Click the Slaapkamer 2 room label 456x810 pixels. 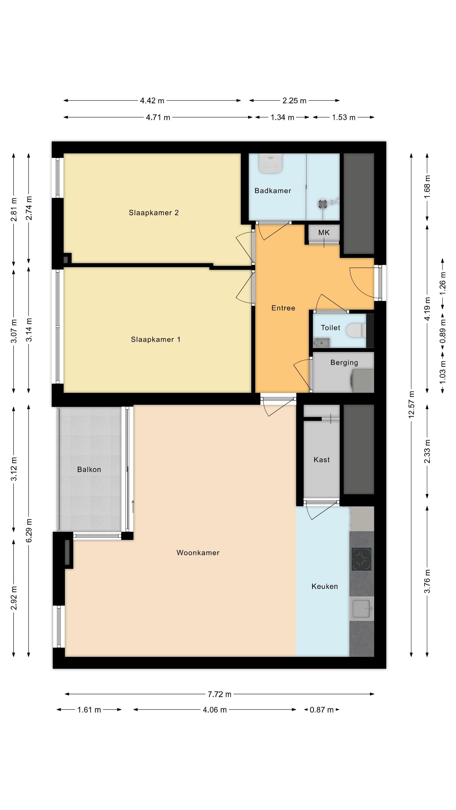[153, 213]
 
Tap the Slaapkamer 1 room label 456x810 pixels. [155, 340]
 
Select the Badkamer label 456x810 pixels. [273, 191]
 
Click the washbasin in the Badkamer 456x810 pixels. [270, 163]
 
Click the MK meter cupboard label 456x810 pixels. [324, 233]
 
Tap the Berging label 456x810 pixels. [344, 363]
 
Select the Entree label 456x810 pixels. [283, 308]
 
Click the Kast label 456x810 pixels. [322, 460]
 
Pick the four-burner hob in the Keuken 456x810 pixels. [361, 559]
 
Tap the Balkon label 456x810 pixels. [89, 470]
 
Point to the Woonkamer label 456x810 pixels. [198, 553]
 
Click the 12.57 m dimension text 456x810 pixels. [411, 405]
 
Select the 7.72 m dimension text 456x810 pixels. [219, 694]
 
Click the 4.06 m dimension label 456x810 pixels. [214, 710]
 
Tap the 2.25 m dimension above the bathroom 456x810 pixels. [294, 101]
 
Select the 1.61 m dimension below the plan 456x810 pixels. [89, 710]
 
